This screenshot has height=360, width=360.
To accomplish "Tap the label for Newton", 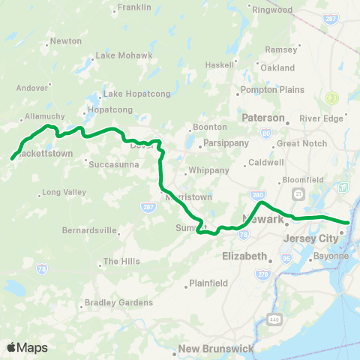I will click(x=66, y=41).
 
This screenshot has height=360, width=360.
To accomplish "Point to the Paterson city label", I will click(x=263, y=118).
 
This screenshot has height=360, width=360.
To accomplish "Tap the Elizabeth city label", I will click(x=244, y=256).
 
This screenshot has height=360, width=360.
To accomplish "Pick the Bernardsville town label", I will click(x=91, y=229).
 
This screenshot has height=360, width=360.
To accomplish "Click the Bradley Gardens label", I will click(x=118, y=303).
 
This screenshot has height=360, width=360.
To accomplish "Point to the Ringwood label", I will click(x=271, y=10).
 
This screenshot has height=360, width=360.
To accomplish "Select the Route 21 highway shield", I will click(x=298, y=193).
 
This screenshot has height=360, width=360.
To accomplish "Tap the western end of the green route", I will click(x=12, y=158).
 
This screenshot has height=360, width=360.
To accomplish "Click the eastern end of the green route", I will click(x=348, y=222).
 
